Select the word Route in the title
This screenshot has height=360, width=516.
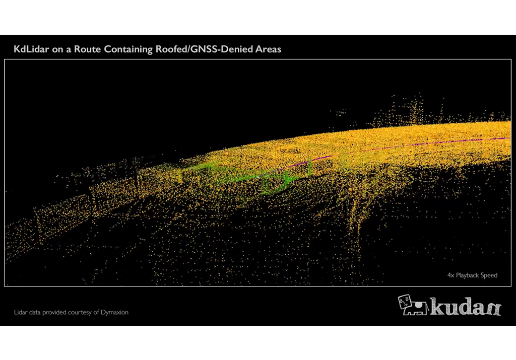[85, 49]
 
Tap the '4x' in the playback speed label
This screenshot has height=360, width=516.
[450, 275]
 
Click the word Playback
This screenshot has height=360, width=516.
[468, 275]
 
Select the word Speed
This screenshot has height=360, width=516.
[490, 275]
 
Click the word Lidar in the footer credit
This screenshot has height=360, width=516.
[20, 312]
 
